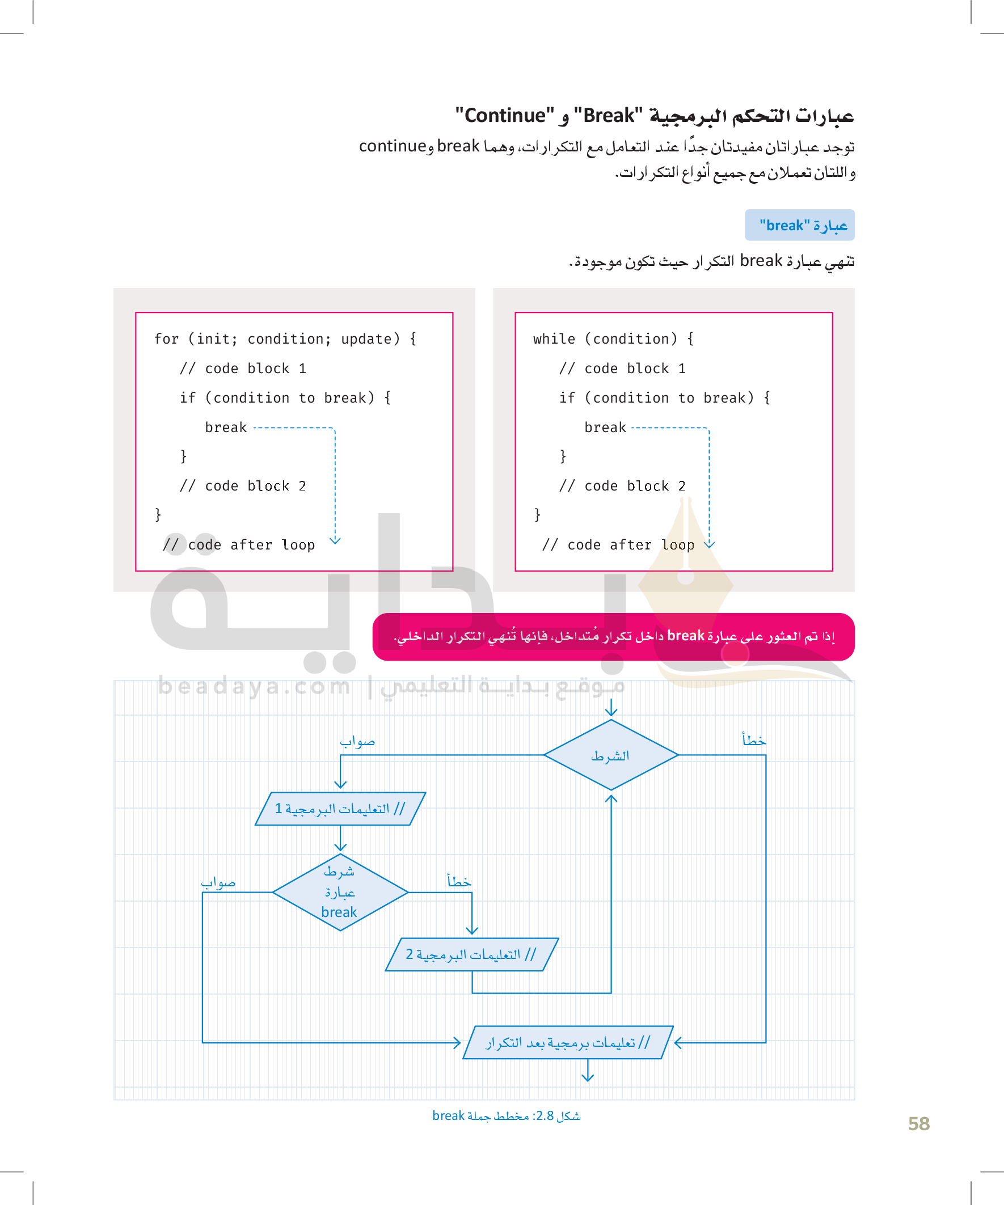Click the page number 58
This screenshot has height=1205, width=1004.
coord(918,1123)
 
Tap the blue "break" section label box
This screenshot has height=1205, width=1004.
coord(799,225)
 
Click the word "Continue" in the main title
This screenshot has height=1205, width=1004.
coord(505,116)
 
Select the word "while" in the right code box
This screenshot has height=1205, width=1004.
coord(554,339)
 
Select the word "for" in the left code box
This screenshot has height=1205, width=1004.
coord(166,339)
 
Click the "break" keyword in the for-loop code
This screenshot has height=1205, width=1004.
coord(226,428)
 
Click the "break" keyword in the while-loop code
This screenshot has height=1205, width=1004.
coord(605,428)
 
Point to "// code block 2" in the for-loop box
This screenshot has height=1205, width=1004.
coord(243,486)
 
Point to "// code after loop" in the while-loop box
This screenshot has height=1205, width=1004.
coord(618,545)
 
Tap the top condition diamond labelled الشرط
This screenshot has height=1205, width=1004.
coord(611,755)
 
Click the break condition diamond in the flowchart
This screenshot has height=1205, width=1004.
coord(340,893)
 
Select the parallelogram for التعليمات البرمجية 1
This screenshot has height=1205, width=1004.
coord(340,809)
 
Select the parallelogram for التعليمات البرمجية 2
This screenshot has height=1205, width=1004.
coord(471,954)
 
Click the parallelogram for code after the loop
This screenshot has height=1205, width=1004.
coord(568,1042)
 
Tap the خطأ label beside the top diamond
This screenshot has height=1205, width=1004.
coord(754,740)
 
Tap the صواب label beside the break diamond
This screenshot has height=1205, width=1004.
coord(218,882)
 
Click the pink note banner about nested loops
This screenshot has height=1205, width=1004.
coord(613,636)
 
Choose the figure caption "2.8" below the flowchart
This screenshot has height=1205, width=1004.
coord(545,1116)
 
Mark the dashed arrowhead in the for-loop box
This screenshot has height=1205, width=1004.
coord(335,540)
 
